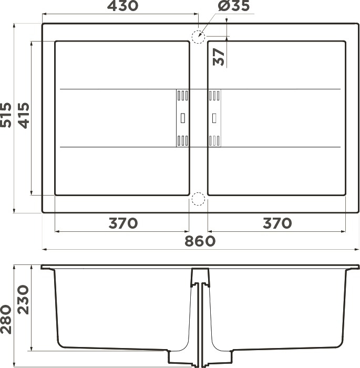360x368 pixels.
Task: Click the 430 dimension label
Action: coord(122,6)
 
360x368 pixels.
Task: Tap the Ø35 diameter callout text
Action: coord(233,6)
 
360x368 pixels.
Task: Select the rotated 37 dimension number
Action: coord(219,57)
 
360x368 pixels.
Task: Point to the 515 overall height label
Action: coord(6,115)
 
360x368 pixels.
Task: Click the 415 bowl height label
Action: coord(24,116)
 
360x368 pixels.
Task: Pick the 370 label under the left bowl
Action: coord(123,223)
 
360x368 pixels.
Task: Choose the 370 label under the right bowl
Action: coord(277,223)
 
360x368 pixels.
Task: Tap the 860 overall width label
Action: coord(200,241)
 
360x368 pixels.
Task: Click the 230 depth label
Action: coord(24,300)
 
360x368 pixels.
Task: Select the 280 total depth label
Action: coord(6,319)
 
